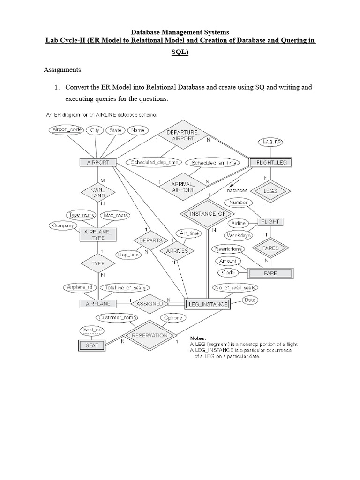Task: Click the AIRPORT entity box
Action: (98, 163)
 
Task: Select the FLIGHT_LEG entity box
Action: (271, 163)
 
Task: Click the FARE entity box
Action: (270, 273)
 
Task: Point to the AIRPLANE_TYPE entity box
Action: (98, 235)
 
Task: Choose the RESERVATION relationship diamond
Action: (150, 336)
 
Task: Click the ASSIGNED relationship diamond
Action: (150, 304)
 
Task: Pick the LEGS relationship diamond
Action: (270, 191)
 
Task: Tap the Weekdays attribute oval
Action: (239, 235)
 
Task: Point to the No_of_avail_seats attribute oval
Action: (234, 287)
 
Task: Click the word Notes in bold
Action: (199, 338)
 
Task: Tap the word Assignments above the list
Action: (63, 70)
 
